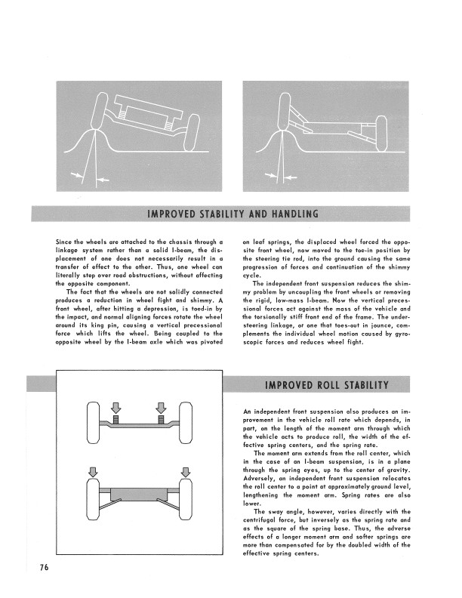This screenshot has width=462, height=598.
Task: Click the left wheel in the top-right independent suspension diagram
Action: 285,113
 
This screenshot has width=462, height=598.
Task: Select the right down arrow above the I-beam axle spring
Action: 161,405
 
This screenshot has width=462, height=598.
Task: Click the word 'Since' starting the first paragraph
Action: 66,241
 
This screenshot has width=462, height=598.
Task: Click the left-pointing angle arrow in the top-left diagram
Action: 101,180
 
